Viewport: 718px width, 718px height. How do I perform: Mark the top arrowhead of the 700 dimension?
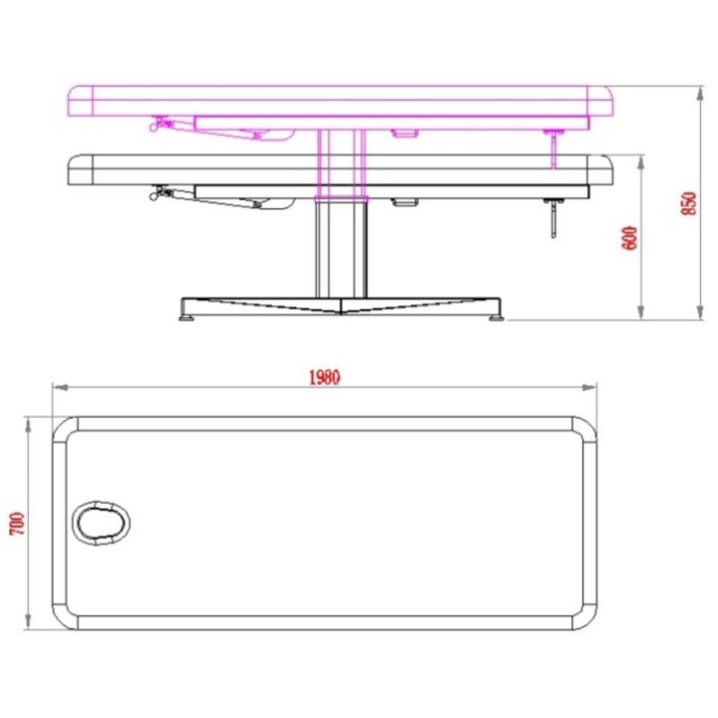pyautogui.click(x=27, y=420)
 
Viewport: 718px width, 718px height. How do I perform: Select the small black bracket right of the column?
pyautogui.click(x=405, y=202)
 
